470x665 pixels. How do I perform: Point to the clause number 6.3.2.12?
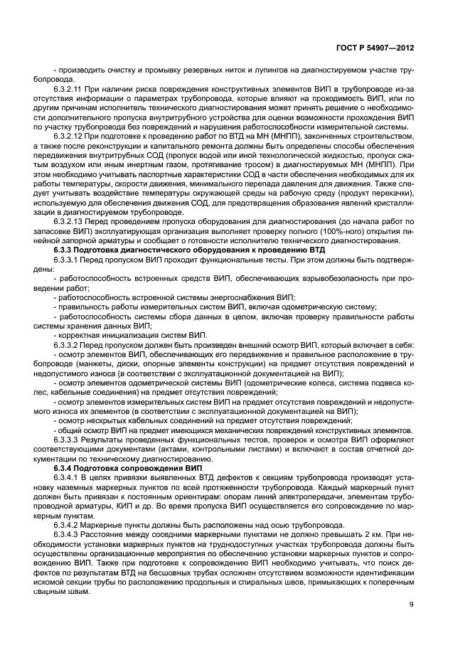pyautogui.click(x=70, y=137)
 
